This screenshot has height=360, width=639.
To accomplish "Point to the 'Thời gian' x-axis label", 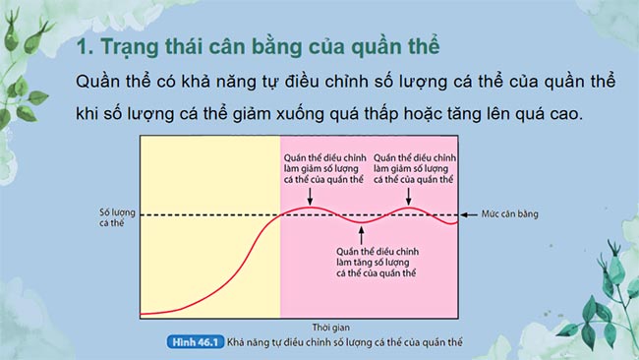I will tap(301, 325).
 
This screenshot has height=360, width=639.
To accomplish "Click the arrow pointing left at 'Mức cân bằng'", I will tap(467, 213).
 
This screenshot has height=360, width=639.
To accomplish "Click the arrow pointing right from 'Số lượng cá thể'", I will tap(133, 213).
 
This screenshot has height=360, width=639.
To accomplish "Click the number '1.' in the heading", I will tap(84, 47).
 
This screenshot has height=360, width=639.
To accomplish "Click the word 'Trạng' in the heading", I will tap(129, 47).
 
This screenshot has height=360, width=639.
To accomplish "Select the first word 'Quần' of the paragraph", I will tap(98, 81).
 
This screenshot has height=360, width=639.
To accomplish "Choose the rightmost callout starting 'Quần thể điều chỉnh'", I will tap(413, 167).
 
